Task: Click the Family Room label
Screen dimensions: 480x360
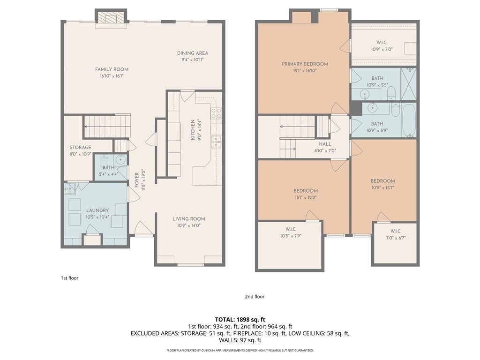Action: (x=112, y=69)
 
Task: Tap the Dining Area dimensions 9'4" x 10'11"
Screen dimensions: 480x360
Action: (x=193, y=60)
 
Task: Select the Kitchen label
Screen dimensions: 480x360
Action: (x=193, y=130)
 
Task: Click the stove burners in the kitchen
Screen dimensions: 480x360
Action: (x=216, y=113)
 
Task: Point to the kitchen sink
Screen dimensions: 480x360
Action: (x=216, y=142)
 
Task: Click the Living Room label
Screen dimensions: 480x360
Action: (x=189, y=219)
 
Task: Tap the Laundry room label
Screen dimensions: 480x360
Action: (x=97, y=210)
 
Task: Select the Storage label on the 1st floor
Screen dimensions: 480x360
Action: (x=80, y=147)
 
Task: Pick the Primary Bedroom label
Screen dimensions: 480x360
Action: (x=305, y=64)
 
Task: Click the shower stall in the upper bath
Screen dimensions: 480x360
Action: (x=409, y=84)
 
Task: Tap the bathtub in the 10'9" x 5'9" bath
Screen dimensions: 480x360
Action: (x=409, y=120)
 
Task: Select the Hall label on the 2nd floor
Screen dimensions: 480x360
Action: (x=325, y=144)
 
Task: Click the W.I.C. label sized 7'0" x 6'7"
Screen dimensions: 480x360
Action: (x=396, y=231)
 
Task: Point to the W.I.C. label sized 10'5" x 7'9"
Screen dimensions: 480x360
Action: (x=291, y=229)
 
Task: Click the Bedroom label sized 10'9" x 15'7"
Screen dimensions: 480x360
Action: (x=382, y=181)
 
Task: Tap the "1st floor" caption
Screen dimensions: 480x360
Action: (x=69, y=278)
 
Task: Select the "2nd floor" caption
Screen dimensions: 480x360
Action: (x=255, y=296)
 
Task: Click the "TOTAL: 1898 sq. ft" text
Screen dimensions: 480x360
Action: (x=240, y=320)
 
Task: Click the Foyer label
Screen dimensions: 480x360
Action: (x=137, y=180)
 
